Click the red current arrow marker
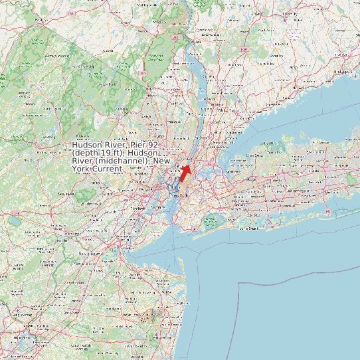[x=185, y=173]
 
